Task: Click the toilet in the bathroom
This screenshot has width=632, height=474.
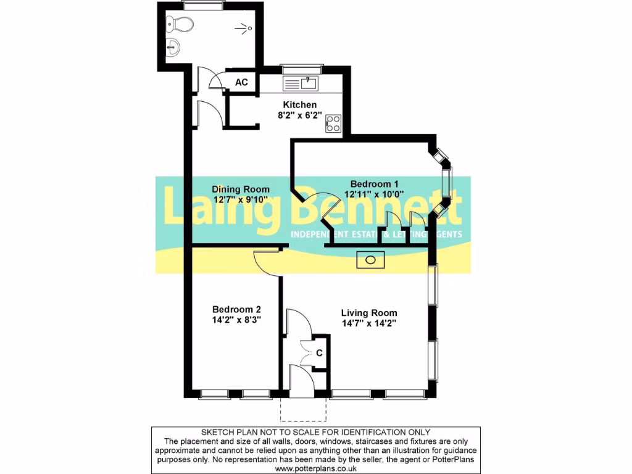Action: [181, 24]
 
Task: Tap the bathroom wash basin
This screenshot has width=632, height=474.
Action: [173, 46]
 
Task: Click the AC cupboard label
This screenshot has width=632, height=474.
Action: [242, 83]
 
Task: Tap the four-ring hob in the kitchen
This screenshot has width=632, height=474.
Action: [333, 123]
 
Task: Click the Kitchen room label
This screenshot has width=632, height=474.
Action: [299, 104]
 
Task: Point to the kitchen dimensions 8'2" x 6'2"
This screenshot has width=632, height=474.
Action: [299, 115]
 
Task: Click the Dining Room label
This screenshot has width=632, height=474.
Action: [241, 189]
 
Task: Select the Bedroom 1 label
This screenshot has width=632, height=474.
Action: [375, 183]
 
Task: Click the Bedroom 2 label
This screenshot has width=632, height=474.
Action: [236, 309]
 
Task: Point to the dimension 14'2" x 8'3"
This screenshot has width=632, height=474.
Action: [236, 320]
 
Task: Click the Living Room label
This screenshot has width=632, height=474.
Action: [369, 312]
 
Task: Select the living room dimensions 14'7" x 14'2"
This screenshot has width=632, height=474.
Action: [369, 323]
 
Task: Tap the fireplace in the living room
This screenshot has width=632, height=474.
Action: [370, 260]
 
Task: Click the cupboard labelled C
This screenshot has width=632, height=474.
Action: [319, 354]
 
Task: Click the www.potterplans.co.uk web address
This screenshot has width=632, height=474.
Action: [315, 468]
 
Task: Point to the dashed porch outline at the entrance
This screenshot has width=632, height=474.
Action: [302, 409]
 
